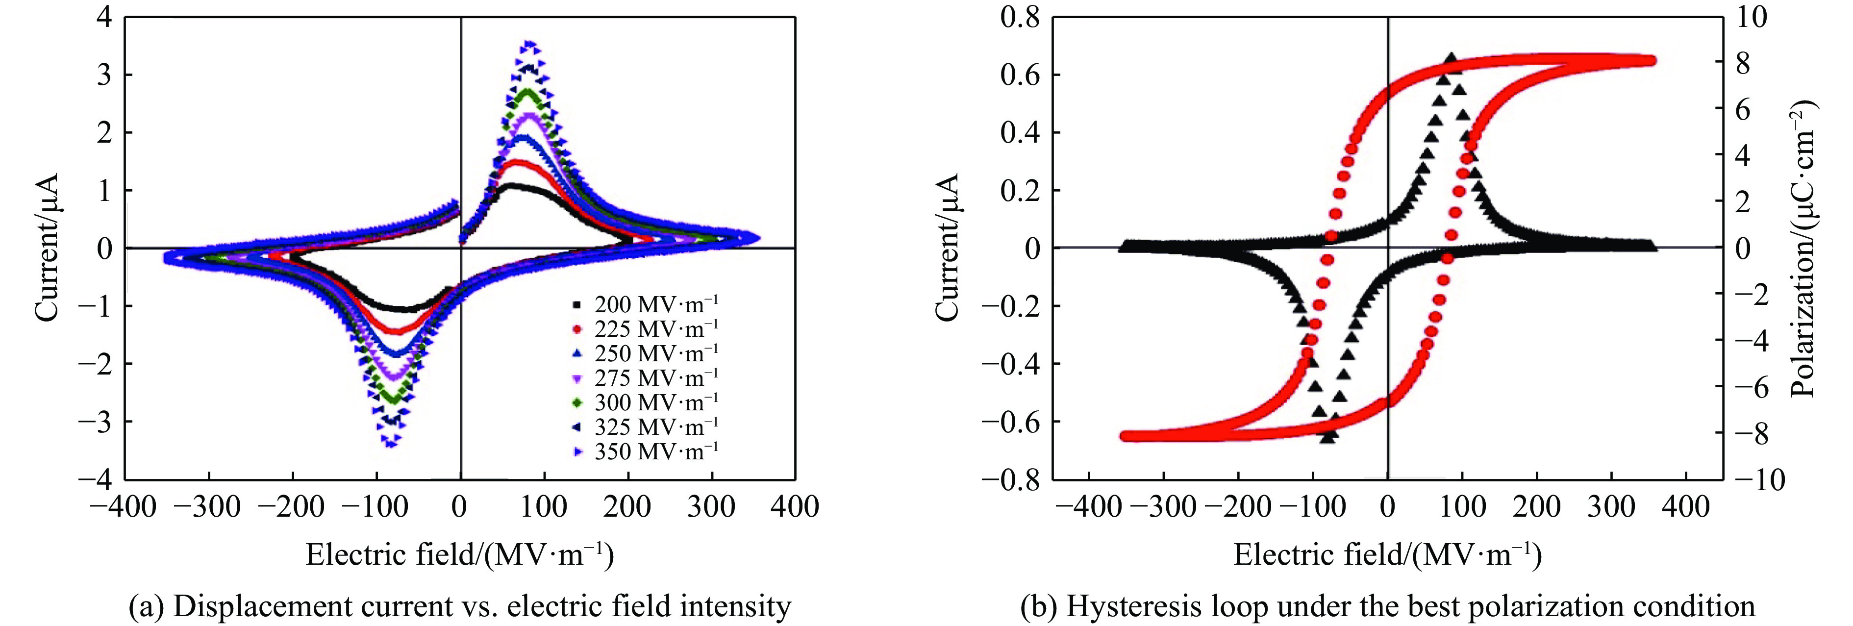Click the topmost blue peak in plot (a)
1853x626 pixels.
click(530, 45)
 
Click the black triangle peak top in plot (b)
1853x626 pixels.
click(1451, 59)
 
